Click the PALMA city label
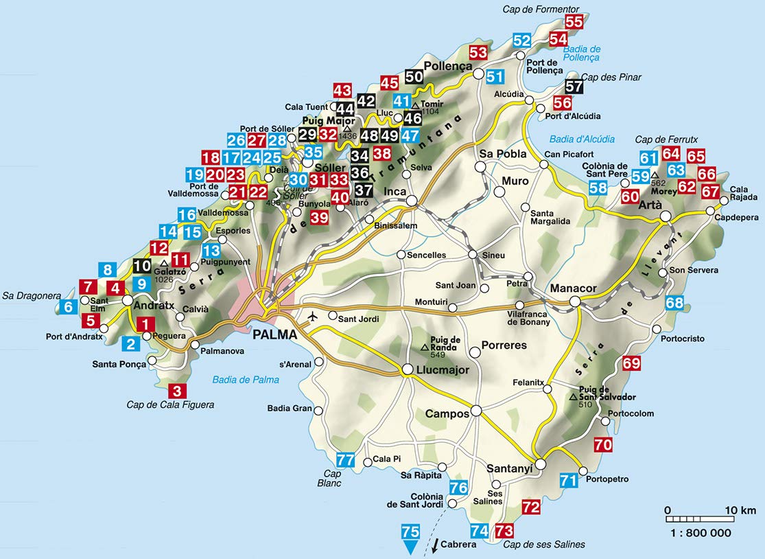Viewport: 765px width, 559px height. tap(274, 335)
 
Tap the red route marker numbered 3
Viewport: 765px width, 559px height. tap(177, 391)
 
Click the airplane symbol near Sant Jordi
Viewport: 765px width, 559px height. tap(314, 317)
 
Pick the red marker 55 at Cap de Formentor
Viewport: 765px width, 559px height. tap(574, 22)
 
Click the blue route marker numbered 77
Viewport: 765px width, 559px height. tap(346, 460)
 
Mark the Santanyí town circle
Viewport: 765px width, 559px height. tap(541, 465)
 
